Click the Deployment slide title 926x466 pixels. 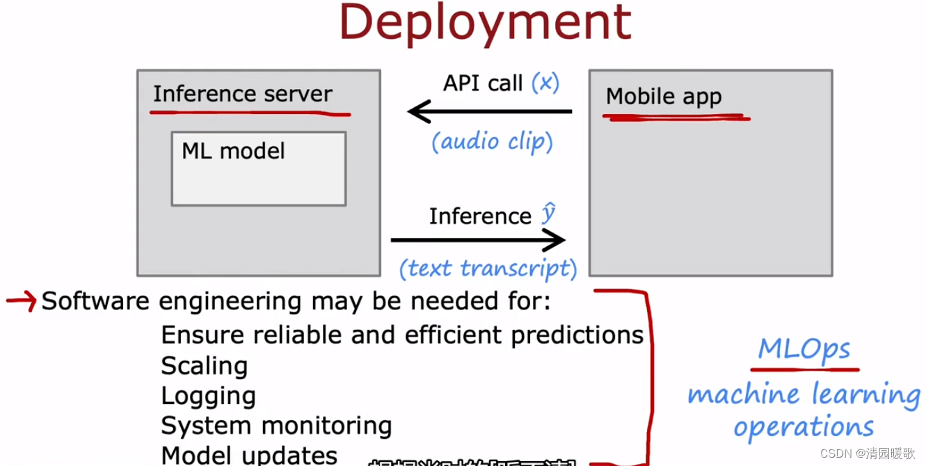pos(485,22)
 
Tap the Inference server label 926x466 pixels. pos(243,94)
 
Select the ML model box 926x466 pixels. pos(258,169)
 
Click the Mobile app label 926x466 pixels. pos(664,97)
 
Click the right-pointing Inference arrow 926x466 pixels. pos(478,241)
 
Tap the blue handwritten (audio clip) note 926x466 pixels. pos(492,142)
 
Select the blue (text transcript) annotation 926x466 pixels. pos(488,268)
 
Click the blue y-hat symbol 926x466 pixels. pos(549,214)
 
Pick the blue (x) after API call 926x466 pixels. pos(545,83)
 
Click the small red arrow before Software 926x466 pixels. pos(21,301)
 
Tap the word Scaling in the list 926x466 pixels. pos(204,366)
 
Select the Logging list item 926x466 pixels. pos(208,396)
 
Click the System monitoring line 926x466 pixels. pos(276,426)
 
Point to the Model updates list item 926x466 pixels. pos(249,455)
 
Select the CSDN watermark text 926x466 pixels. pos(868,453)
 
